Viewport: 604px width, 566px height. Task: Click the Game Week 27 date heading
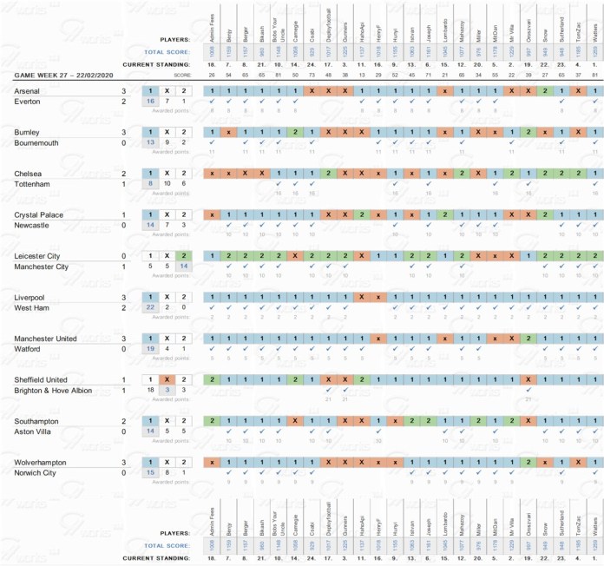point(66,76)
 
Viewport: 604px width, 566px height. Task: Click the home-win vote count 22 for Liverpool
point(150,307)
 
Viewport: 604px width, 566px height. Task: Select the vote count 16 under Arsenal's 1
point(150,102)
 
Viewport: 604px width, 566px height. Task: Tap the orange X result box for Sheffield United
point(167,379)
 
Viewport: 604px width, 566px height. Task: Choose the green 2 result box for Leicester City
point(182,256)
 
